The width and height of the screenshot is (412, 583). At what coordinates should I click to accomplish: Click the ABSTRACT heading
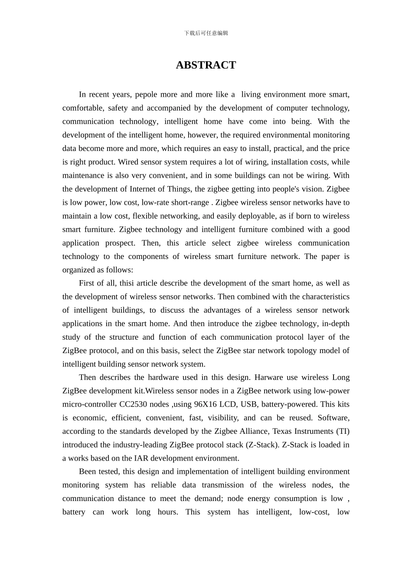[x=206, y=65]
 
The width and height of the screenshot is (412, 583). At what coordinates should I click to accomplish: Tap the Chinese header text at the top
[x=206, y=33]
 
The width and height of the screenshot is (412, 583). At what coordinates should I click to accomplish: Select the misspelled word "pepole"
[x=146, y=95]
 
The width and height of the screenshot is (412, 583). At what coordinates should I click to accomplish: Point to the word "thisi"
[x=126, y=283]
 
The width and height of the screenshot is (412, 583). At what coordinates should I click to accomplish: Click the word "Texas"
[x=284, y=431]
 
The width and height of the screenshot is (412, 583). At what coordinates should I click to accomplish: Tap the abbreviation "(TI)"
[x=343, y=431]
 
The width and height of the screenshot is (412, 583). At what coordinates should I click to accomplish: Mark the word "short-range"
[x=190, y=203]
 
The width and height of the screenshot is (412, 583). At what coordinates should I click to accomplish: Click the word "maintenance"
[x=82, y=176]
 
